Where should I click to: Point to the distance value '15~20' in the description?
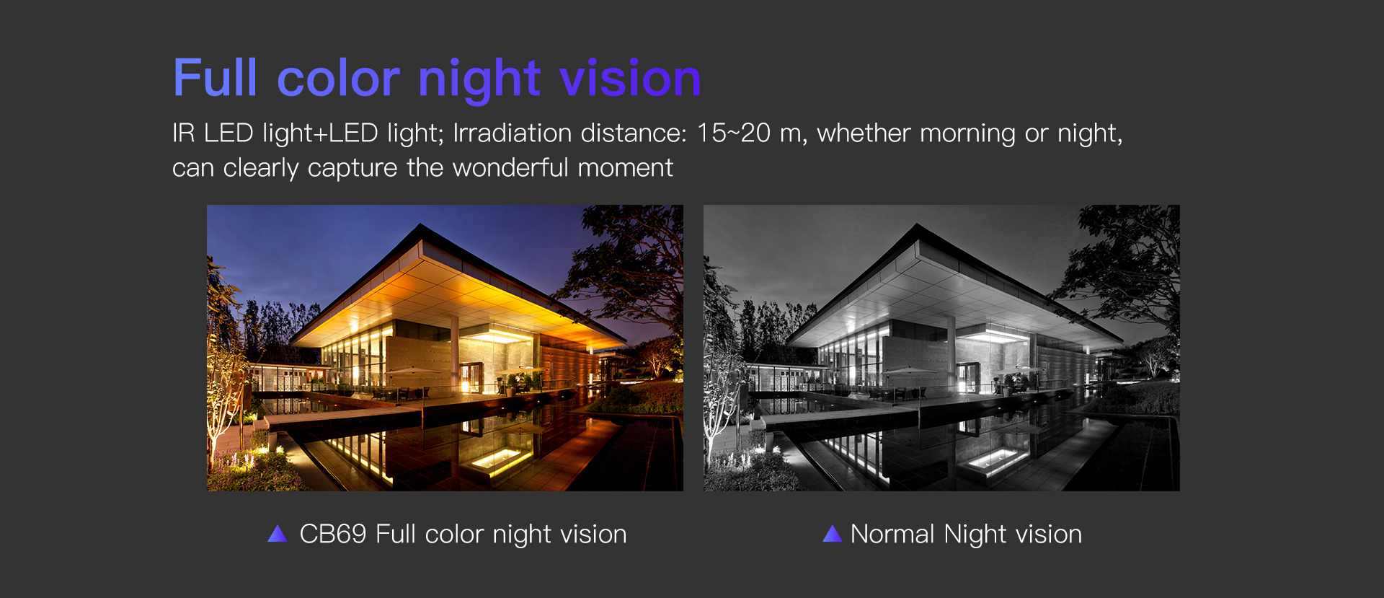(x=733, y=133)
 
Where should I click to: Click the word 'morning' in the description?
(x=966, y=134)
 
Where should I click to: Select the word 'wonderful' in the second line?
(x=510, y=168)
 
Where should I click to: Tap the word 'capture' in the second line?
(x=352, y=170)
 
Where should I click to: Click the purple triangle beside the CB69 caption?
(x=278, y=534)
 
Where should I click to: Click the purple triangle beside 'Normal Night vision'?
(x=832, y=534)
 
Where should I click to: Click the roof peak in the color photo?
(x=420, y=226)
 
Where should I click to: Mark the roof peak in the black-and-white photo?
(x=917, y=226)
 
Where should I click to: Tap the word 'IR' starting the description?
(x=183, y=133)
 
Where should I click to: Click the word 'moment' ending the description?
(x=625, y=168)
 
